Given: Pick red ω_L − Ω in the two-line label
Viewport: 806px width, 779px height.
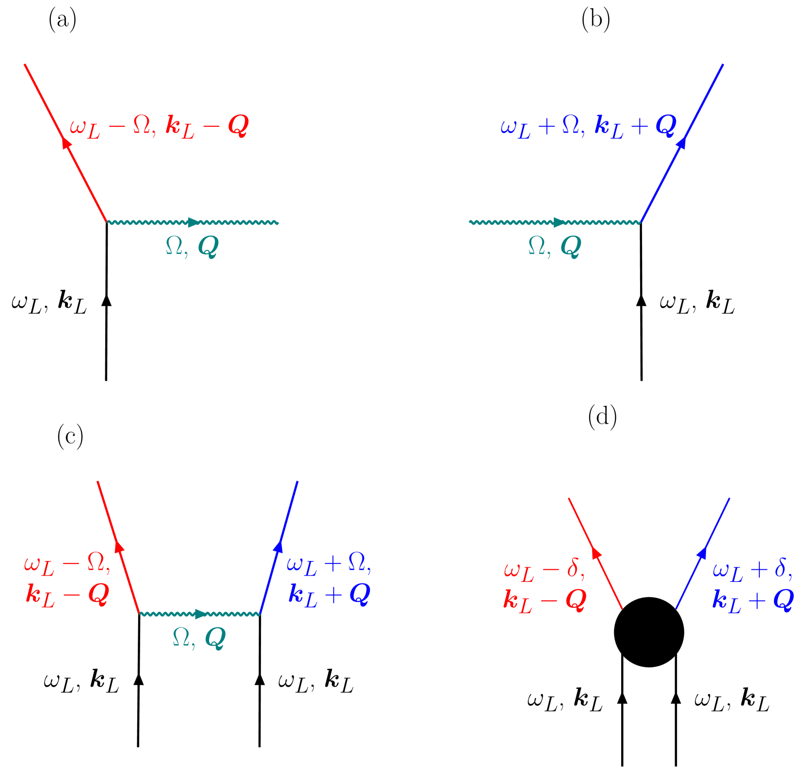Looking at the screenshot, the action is (x=67, y=564).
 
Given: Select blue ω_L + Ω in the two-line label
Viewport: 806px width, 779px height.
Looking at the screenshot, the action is (x=329, y=564).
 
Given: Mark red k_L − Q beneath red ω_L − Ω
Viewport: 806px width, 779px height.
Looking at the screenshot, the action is (x=67, y=595).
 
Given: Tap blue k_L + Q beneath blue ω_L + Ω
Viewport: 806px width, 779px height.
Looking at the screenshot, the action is (x=329, y=594).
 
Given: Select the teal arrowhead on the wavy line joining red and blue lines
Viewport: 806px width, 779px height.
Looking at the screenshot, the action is (x=200, y=614).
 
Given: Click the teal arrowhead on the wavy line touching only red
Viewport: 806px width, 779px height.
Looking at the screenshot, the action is (x=193, y=222).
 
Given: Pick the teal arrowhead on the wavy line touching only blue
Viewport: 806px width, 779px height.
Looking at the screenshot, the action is (x=559, y=222).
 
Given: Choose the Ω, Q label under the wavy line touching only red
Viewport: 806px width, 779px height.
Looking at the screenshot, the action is (x=192, y=247).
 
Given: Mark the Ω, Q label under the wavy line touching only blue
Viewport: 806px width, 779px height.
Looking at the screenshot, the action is (x=554, y=247).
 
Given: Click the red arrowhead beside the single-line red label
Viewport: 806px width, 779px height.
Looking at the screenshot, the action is (x=66, y=143).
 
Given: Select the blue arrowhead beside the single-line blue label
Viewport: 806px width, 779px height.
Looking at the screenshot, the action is (x=681, y=143).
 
